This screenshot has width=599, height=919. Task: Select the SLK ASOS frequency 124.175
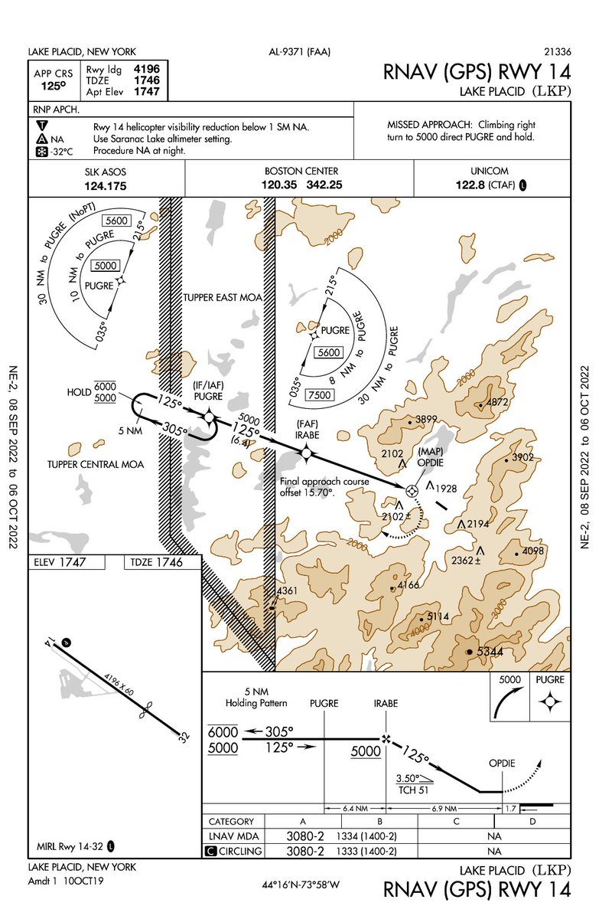click(x=106, y=185)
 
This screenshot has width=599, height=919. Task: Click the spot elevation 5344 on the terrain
click(x=490, y=651)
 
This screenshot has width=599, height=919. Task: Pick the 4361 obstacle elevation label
click(x=287, y=590)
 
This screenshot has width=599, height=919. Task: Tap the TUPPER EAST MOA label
click(x=216, y=296)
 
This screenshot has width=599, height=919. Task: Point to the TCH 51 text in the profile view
click(x=412, y=790)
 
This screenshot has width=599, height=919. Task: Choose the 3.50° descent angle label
click(x=409, y=778)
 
